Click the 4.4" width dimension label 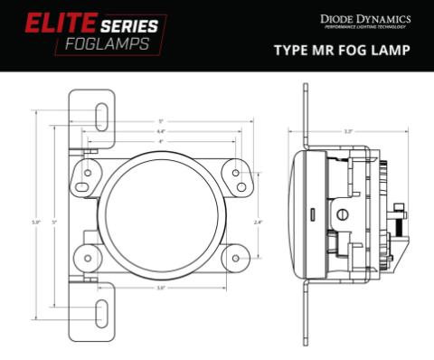point(160,132)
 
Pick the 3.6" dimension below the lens point(160,289)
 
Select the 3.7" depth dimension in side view point(349,132)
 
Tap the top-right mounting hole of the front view point(236,172)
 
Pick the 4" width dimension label point(160,142)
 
